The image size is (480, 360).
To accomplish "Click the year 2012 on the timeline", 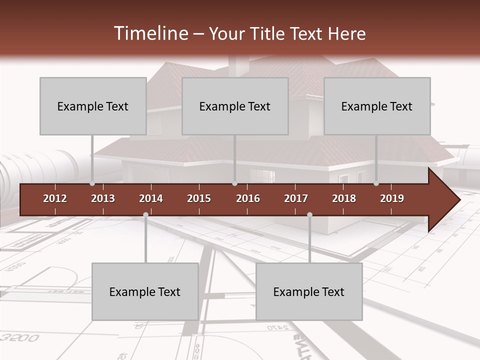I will (x=55, y=198).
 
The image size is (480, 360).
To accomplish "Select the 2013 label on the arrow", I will (x=103, y=198).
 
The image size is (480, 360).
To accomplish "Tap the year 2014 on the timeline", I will (x=151, y=198).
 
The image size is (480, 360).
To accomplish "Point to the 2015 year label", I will (x=199, y=198).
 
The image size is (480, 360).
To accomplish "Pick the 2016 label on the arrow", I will (x=248, y=198).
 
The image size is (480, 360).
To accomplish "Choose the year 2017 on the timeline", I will (x=296, y=198).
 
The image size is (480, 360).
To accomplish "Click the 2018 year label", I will (x=344, y=198).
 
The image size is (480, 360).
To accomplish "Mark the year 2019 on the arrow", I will (x=392, y=198).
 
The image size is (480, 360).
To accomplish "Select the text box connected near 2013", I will (x=93, y=106).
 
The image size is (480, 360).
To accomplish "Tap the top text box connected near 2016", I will (x=235, y=106).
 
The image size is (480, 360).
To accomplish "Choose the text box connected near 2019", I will (x=377, y=106).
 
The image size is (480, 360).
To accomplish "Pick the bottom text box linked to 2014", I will (x=145, y=291).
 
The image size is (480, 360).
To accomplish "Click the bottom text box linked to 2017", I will (x=309, y=291).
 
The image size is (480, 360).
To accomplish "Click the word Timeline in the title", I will (x=150, y=33).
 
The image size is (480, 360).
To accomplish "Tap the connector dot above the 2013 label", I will (x=92, y=183).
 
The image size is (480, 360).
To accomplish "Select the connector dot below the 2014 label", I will (x=145, y=214).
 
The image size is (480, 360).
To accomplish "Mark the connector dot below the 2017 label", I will (x=309, y=214).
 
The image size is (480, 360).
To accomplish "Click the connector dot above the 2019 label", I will (x=376, y=183).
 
